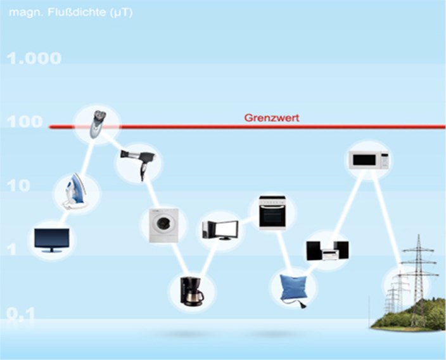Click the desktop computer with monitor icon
220,229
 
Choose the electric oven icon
272,211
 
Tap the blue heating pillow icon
293,288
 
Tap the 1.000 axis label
34,59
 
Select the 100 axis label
25,122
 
